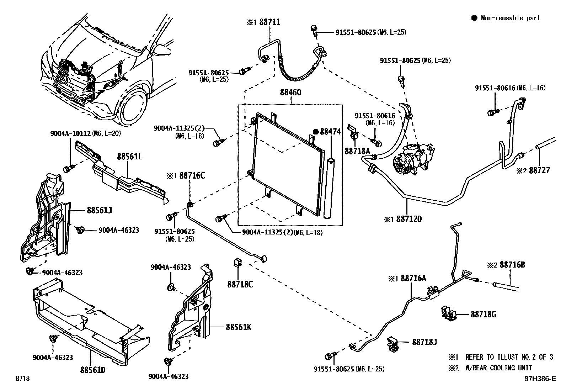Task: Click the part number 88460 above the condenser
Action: [290, 93]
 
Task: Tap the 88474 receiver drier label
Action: [330, 132]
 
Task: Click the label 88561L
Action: [130, 156]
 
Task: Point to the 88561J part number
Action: [99, 210]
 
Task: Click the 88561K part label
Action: [238, 327]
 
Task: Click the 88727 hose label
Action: [539, 170]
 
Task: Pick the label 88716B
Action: [512, 265]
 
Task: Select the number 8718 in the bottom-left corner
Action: [22, 379]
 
